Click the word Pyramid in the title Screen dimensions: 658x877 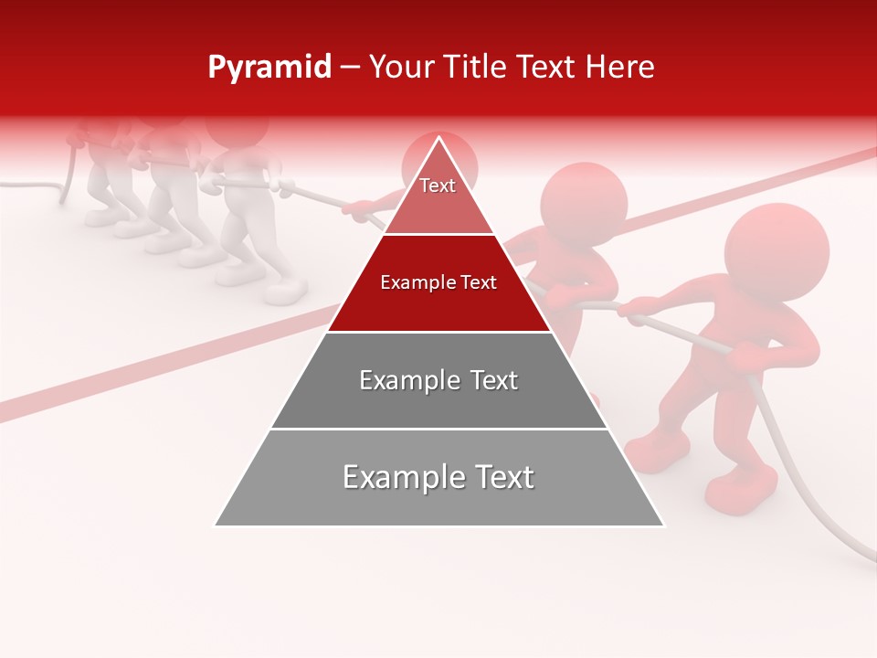(x=269, y=68)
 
